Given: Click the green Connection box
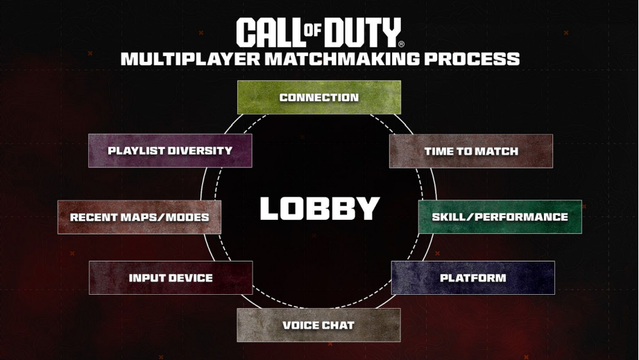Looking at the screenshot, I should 319,97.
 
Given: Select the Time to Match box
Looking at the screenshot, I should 471,151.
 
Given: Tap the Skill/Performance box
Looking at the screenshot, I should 500,217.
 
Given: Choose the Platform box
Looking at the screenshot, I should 473,278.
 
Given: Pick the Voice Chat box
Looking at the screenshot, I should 318,325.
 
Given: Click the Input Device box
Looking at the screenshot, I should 171,278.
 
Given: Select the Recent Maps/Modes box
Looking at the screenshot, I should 139,217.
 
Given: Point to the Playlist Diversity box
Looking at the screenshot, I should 170,151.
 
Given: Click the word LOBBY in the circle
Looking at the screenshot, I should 320,209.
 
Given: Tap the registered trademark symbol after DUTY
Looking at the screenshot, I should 402,44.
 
